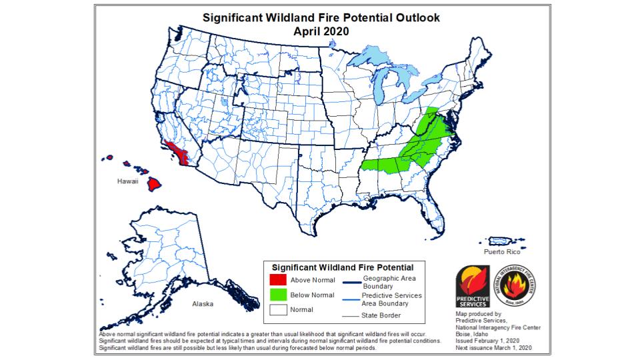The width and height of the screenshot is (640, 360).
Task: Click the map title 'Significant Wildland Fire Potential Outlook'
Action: [x=319, y=17]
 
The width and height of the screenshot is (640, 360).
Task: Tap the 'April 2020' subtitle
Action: [x=321, y=30]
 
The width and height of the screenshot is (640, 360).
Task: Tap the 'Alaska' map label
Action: [x=203, y=304]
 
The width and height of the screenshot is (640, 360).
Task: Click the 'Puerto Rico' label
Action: [x=500, y=252]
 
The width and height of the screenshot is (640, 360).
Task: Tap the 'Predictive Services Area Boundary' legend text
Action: [x=391, y=299]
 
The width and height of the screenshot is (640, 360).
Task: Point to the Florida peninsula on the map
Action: [x=435, y=217]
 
